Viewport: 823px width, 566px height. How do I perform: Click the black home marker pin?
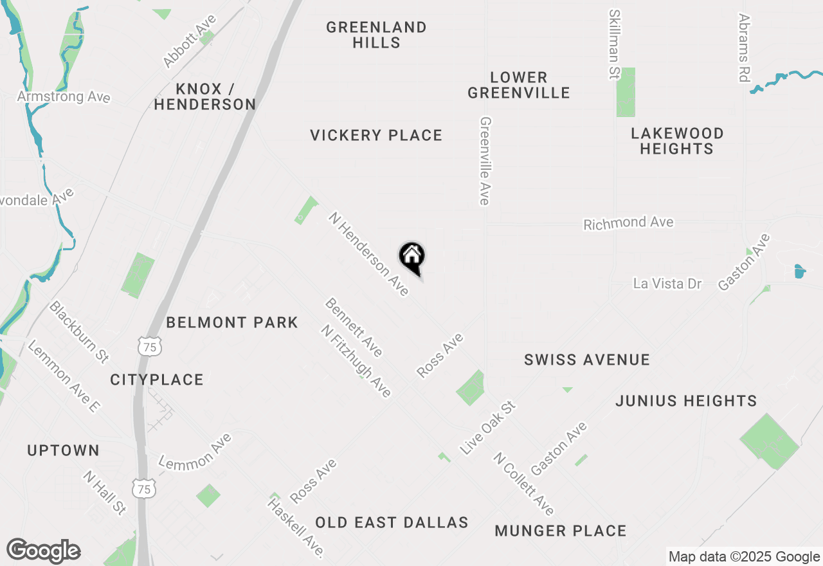412,258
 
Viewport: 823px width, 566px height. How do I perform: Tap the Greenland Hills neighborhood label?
376,35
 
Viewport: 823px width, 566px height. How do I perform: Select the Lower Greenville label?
518,85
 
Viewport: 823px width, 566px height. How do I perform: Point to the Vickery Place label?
376,135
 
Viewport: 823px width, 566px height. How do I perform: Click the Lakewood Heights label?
677,141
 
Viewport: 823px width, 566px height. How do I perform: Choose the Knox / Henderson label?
205,96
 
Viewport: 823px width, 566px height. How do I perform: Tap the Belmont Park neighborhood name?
232,322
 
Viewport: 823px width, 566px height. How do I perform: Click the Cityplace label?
157,379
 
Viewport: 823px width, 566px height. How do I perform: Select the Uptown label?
63,450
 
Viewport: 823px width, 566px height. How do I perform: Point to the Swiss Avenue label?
586,360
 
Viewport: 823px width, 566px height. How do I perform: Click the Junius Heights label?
686,401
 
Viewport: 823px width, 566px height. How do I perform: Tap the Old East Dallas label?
392,522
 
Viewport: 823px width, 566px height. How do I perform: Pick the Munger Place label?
561,531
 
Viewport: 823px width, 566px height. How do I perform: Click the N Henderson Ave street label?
368,254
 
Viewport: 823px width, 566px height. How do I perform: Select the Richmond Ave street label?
628,223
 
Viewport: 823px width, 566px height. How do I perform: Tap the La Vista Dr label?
667,284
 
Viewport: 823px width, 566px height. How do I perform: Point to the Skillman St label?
615,44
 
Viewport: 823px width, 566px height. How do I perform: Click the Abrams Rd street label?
745,48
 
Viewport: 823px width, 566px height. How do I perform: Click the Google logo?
44,551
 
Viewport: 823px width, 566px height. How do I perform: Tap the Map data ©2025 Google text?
744,557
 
